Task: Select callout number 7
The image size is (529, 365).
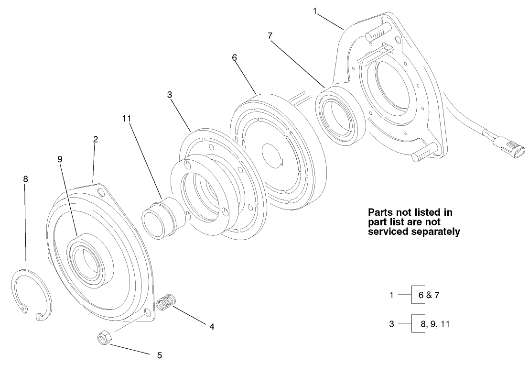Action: tap(270, 36)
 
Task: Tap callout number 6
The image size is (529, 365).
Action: tap(234, 57)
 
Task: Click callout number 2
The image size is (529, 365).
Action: tap(96, 139)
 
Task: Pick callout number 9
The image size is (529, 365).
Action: tap(60, 159)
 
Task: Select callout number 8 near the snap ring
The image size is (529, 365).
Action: tap(25, 179)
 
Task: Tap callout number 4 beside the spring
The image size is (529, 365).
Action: tap(211, 327)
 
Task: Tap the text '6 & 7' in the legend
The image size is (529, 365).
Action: tap(429, 295)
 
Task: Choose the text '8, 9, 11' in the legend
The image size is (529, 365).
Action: tap(435, 324)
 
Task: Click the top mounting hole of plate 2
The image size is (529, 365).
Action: tap(101, 192)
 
